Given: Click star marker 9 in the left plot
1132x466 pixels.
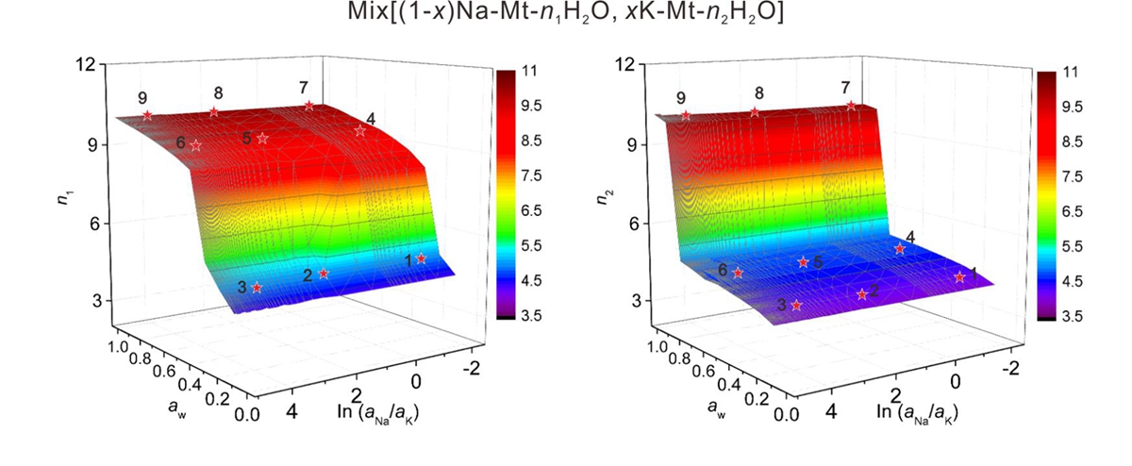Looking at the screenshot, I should tap(147, 116).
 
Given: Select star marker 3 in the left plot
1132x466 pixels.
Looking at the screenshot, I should tap(257, 288).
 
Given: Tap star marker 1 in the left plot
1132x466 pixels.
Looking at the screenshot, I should tap(422, 258).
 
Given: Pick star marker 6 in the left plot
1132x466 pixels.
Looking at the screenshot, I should tap(195, 145).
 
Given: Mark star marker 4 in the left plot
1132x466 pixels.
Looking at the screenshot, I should tap(360, 131).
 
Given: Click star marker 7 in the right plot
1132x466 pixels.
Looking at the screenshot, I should tap(851, 107).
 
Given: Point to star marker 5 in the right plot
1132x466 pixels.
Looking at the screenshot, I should tap(804, 262).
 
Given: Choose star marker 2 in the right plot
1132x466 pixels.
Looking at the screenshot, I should tap(862, 294).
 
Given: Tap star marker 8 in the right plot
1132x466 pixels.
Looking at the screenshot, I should tap(755, 112).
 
